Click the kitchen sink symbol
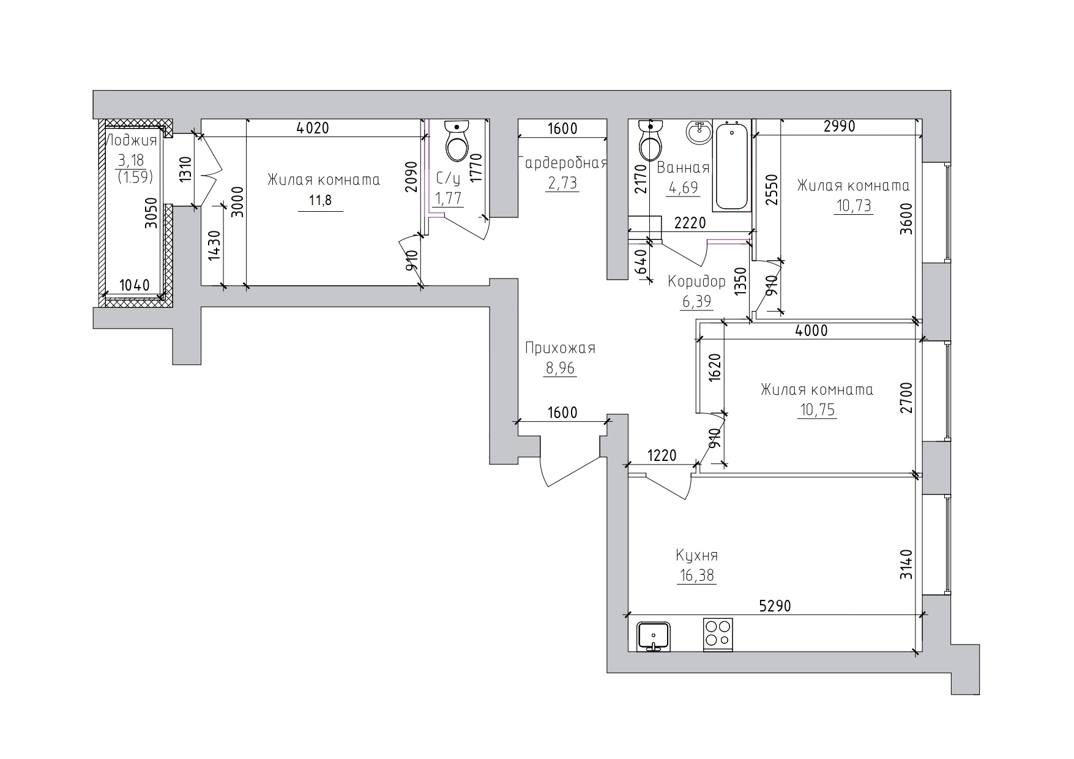click(654, 637)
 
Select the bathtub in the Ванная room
click(732, 166)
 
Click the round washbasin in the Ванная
click(698, 132)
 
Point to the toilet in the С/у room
click(457, 140)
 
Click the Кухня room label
click(696, 555)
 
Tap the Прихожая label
click(560, 348)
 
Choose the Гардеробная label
click(563, 163)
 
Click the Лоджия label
click(132, 140)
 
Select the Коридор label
click(696, 281)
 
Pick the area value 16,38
click(696, 575)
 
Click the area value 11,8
click(321, 200)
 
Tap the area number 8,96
click(560, 368)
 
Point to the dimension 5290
click(775, 606)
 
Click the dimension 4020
click(313, 128)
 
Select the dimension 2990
click(839, 126)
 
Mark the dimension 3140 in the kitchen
click(907, 565)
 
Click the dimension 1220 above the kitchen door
click(662, 455)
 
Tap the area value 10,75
click(817, 409)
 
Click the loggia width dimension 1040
click(135, 285)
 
